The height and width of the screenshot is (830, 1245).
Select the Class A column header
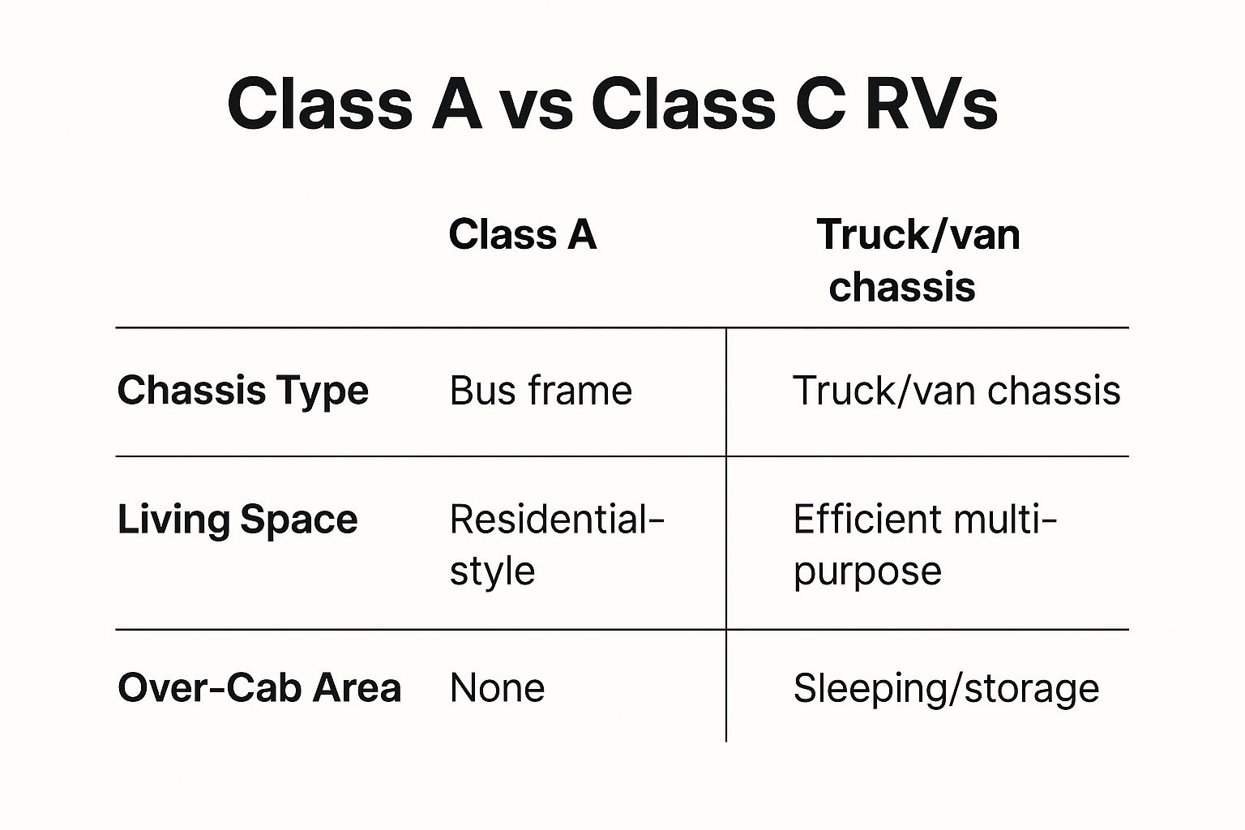(x=523, y=235)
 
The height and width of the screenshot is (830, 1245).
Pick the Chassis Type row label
(x=243, y=391)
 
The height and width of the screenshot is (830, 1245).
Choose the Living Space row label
(x=237, y=520)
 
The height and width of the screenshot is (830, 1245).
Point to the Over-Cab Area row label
(x=259, y=688)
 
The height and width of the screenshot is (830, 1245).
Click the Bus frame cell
(x=541, y=391)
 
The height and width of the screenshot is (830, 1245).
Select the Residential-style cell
(x=557, y=545)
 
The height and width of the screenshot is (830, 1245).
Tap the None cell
(x=497, y=688)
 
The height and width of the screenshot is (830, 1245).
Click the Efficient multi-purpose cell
(x=925, y=545)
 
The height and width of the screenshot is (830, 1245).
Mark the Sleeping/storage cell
(x=946, y=688)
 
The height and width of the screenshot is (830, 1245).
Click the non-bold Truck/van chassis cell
(x=956, y=391)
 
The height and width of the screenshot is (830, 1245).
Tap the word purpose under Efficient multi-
(x=867, y=572)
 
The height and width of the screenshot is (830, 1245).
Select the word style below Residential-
(x=492, y=571)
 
